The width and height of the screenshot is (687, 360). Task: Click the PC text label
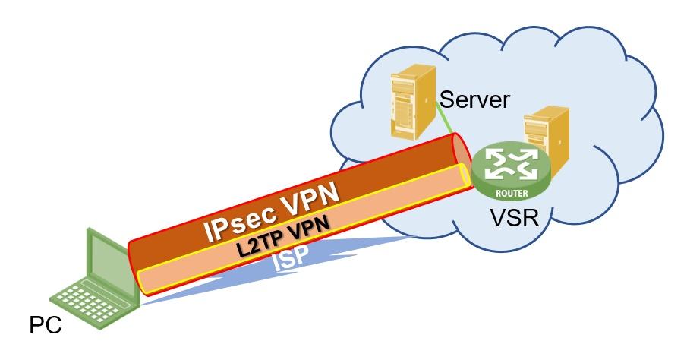tap(45, 327)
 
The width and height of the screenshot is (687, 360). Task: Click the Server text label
tap(474, 99)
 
